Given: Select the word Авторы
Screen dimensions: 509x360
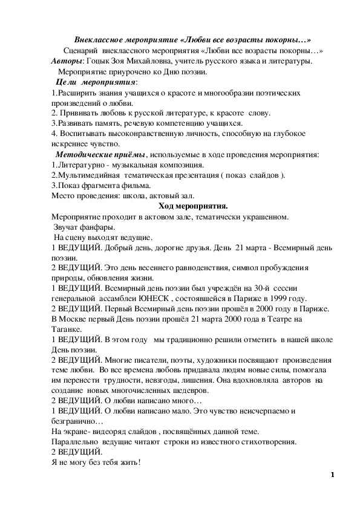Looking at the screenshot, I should [67, 62].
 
